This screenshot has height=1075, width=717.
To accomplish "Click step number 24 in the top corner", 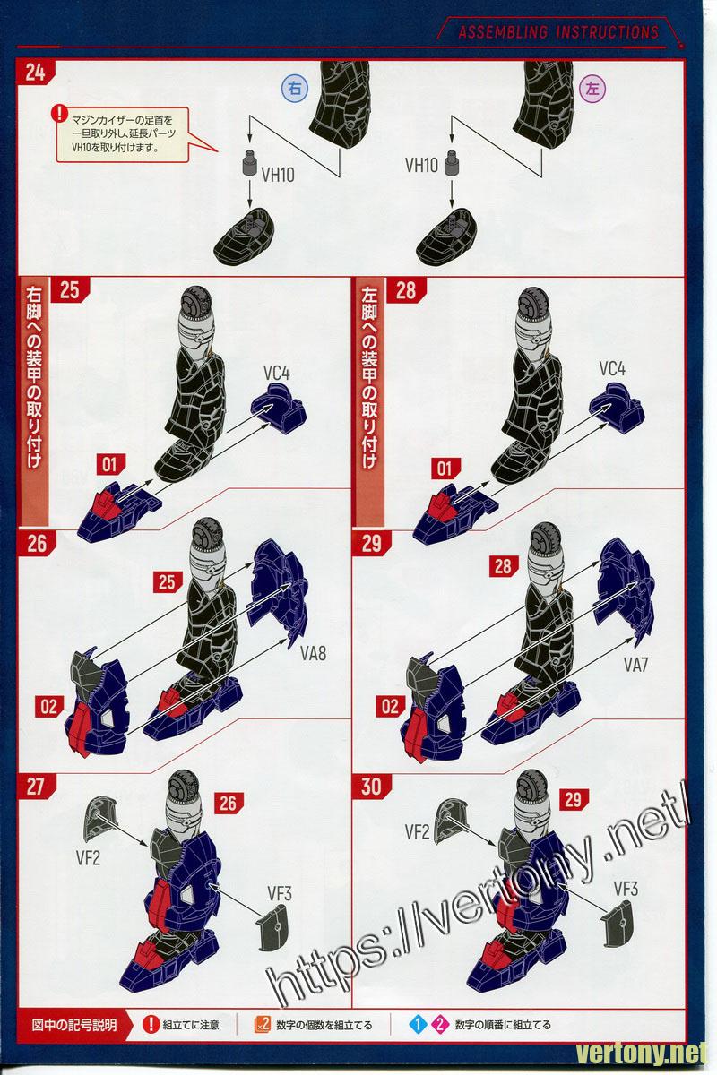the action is pyautogui.click(x=35, y=73).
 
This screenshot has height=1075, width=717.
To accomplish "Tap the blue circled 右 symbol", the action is pyautogui.click(x=294, y=89).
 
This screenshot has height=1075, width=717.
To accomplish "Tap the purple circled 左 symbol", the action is pyautogui.click(x=592, y=89).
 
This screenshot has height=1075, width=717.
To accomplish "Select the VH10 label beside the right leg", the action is pyautogui.click(x=278, y=175).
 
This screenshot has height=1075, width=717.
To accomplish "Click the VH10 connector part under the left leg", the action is pyautogui.click(x=452, y=163).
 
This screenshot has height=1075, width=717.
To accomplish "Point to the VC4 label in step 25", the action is pyautogui.click(x=277, y=373).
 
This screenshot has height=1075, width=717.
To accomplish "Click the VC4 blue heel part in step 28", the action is pyautogui.click(x=618, y=408).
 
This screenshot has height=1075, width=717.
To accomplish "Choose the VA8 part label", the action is pyautogui.click(x=313, y=653).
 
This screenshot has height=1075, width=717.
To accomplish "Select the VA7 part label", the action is pyautogui.click(x=635, y=664).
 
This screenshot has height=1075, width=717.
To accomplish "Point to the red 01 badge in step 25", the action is pyautogui.click(x=109, y=464).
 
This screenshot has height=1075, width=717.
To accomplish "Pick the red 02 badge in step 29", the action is pyautogui.click(x=390, y=707).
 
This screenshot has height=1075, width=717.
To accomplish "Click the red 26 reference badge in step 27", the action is pyautogui.click(x=229, y=803).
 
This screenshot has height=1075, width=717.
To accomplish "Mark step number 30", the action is pyautogui.click(x=371, y=787).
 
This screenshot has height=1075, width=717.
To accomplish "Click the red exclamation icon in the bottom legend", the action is pyautogui.click(x=151, y=1025).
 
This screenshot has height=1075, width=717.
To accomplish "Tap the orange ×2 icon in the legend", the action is pyautogui.click(x=263, y=1024).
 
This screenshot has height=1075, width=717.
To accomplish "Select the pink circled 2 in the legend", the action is pyautogui.click(x=439, y=1025).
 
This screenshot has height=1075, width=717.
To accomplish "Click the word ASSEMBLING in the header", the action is pyautogui.click(x=503, y=32).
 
